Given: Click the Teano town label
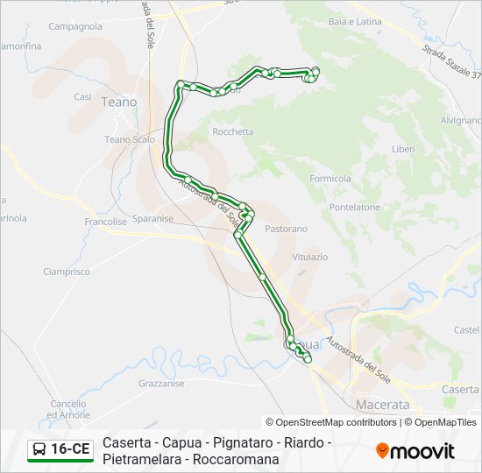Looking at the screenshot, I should [119, 102].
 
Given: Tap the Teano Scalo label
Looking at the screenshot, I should [130, 139].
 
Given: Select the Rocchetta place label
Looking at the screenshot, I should [233, 132].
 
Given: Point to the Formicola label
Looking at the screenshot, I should [330, 179].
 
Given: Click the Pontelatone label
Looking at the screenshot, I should [354, 208].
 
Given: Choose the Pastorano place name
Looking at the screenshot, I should [287, 229].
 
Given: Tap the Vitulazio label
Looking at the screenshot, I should [309, 257].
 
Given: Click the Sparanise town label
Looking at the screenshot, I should [152, 219].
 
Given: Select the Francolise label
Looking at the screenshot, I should [106, 222].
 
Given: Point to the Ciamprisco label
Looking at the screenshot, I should [67, 272].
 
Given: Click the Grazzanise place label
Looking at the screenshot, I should [161, 384].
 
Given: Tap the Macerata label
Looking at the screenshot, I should [383, 405].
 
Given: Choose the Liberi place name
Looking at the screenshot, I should [403, 149].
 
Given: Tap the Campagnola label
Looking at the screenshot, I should [75, 27].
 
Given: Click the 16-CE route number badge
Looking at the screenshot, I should [60, 449].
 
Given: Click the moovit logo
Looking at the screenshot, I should [415, 451].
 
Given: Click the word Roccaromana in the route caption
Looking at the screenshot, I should [237, 459].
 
